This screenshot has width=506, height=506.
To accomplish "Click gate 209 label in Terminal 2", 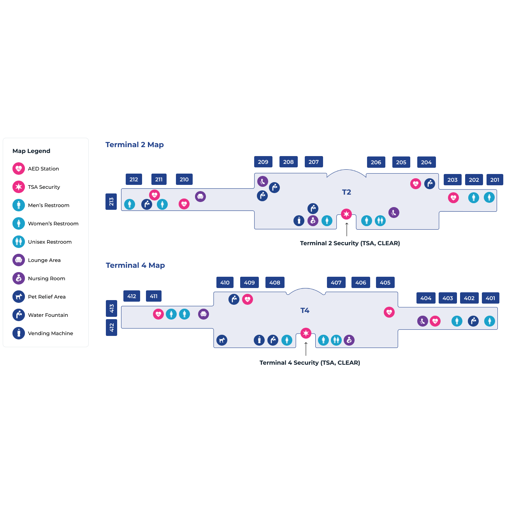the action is (263, 162).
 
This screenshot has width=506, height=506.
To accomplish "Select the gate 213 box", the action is (111, 201).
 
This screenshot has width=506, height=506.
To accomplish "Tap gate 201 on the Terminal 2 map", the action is (494, 179).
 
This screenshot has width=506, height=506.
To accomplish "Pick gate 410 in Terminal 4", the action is (225, 282).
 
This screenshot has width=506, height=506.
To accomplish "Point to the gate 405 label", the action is (385, 282).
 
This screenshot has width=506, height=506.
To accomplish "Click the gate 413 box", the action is (112, 308).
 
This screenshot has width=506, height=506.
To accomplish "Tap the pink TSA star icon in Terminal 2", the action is (346, 214).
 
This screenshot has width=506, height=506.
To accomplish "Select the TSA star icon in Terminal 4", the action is (306, 333).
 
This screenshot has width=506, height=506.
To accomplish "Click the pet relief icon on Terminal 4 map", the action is (222, 340).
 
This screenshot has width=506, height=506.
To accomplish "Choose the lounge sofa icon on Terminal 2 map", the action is (200, 197).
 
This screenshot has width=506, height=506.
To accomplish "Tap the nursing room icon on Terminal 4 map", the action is (349, 340).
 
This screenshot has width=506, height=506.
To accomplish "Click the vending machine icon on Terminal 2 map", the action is (299, 221).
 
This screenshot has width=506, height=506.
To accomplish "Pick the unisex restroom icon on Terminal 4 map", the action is (336, 340).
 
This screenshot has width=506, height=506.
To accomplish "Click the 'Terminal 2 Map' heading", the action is (134, 144).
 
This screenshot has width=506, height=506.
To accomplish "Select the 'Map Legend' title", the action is (31, 151).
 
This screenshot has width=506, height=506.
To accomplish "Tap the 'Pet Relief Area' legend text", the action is (47, 297).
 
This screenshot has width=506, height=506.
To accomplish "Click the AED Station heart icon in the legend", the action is (19, 169).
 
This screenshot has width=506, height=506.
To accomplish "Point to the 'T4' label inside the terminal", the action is (305, 310).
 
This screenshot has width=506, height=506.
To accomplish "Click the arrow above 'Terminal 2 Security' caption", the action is (347, 229).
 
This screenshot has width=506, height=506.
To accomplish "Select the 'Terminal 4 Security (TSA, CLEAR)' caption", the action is (309, 363).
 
